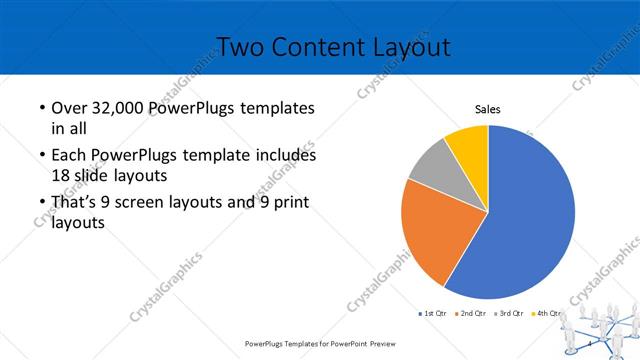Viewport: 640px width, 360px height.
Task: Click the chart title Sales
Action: (487, 110)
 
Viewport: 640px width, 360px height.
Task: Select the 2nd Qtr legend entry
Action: (472, 314)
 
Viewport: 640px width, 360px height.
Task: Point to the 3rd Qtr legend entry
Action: (510, 314)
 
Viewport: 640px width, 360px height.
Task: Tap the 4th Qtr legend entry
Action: (547, 314)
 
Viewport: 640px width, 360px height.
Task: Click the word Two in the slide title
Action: (240, 46)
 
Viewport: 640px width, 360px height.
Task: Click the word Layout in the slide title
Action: (401, 46)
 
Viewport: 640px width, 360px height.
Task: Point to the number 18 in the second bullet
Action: (62, 175)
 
